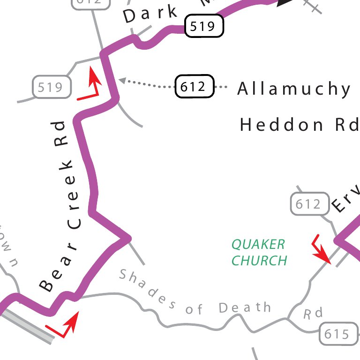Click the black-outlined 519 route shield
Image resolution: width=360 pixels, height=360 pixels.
[204, 26]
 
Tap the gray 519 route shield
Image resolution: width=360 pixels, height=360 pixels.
[52, 87]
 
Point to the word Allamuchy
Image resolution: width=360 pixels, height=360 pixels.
[294, 89]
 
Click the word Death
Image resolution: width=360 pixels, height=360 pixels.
[245, 307]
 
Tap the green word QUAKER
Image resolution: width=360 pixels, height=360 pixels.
[258, 244]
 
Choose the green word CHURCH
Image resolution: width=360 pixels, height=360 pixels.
[259, 260]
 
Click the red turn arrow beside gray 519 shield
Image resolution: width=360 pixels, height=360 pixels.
[92, 86]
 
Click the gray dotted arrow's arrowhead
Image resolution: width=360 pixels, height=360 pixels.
[122, 81]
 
